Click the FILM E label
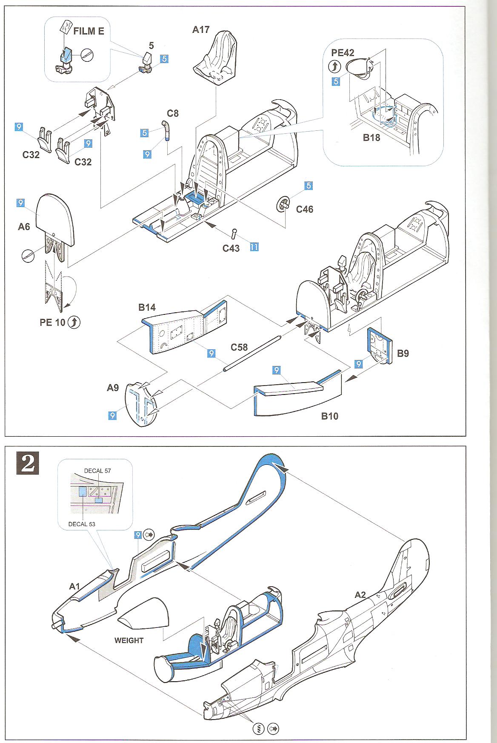[x=89, y=31]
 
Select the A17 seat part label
[x=201, y=29]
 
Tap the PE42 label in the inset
[x=343, y=53]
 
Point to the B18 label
[x=371, y=138]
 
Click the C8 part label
[x=172, y=113]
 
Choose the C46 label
[x=304, y=209]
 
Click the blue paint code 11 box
[x=254, y=247]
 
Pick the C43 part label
[x=231, y=248]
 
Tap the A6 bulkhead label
[x=24, y=227]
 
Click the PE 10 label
[x=53, y=323]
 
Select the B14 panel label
[x=147, y=307]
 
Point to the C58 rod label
[x=239, y=347]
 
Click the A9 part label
[x=113, y=388]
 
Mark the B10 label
[x=330, y=416]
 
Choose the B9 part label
[x=403, y=353]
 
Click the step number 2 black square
[x=28, y=464]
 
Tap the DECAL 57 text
[x=97, y=471]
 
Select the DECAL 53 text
[x=82, y=524]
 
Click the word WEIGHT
[x=129, y=640]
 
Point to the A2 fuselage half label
[x=360, y=595]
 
